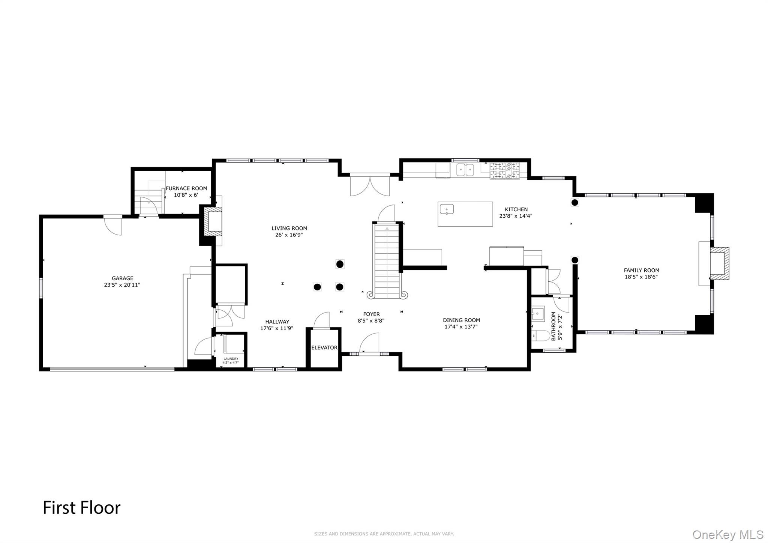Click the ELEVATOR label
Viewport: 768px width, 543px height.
(324, 348)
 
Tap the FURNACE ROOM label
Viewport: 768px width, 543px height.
(186, 189)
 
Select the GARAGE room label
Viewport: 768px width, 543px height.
(122, 278)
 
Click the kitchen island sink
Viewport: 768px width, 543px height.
(447, 209)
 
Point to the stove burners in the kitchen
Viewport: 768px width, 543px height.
(505, 171)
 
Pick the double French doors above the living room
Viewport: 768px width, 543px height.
(370, 185)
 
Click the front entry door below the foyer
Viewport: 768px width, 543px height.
(369, 344)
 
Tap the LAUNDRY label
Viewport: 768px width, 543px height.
(231, 359)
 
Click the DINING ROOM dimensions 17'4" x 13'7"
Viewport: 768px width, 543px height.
(461, 327)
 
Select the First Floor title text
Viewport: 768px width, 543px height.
(81, 508)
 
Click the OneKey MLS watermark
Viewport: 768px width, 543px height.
(727, 534)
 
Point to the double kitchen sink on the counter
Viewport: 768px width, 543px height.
(465, 170)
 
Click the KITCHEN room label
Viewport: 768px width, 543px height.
(516, 209)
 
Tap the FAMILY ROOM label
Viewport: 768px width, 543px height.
(641, 270)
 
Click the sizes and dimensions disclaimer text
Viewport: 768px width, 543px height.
(384, 534)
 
